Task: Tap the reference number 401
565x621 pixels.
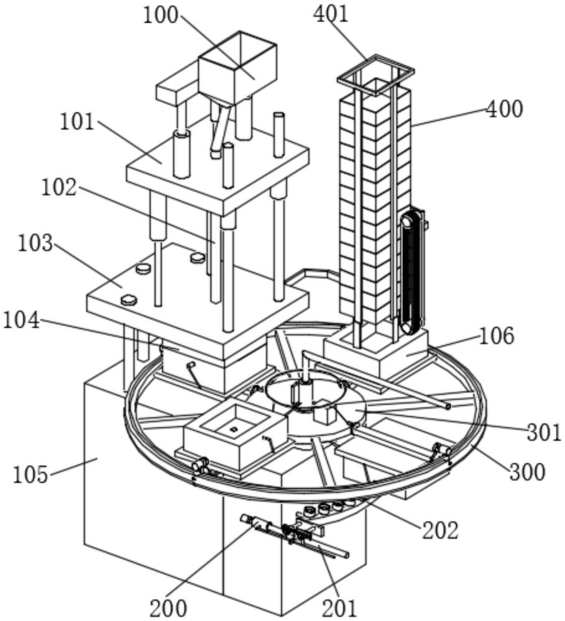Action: point(331,14)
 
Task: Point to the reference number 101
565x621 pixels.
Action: point(77,122)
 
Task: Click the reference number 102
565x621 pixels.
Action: point(59,187)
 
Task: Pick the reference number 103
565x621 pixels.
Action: point(35,243)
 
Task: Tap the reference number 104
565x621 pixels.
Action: point(21,320)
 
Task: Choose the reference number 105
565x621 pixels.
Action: point(30,474)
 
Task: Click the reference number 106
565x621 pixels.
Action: point(497,336)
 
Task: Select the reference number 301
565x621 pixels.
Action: point(544,432)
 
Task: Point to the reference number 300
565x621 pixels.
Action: point(527,472)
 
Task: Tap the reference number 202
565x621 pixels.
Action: point(440,530)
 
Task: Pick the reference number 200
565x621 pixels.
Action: point(168,608)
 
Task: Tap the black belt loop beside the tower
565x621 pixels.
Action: point(412,273)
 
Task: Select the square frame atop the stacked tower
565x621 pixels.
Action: point(375,74)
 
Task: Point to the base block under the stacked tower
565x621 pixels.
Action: point(376,351)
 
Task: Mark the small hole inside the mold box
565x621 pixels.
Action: point(234,428)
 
